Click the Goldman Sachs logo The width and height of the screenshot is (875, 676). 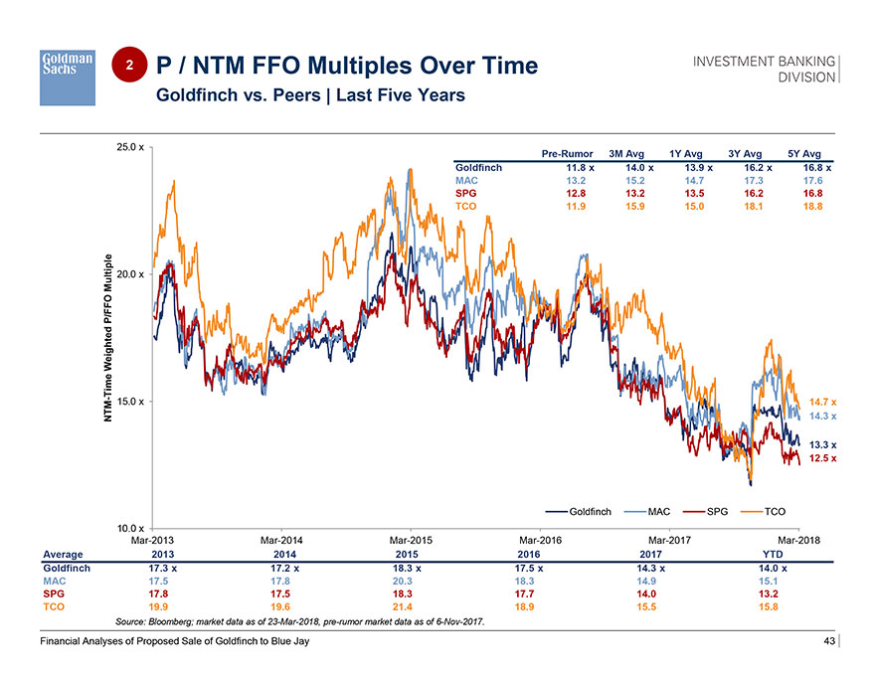point(68,78)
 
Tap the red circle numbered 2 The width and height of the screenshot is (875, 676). point(128,66)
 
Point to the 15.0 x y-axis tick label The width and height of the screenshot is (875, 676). point(131,402)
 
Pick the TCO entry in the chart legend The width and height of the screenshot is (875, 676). point(773,511)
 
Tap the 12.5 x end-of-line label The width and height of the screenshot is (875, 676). point(822,458)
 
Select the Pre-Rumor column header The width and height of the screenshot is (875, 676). point(567,154)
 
